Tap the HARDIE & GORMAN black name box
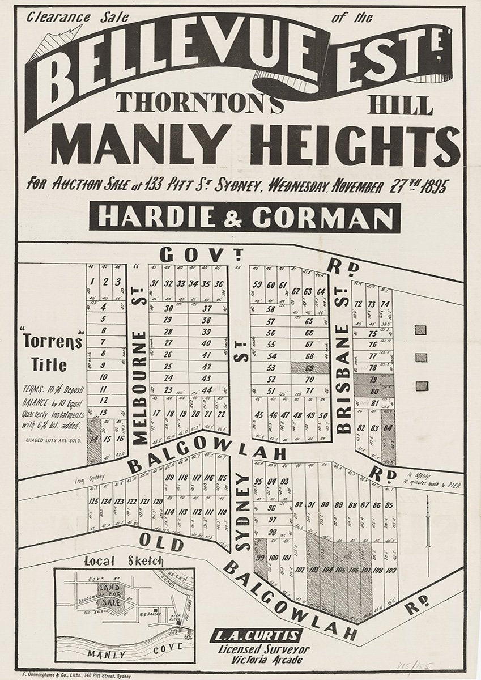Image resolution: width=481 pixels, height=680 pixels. [x=245, y=217]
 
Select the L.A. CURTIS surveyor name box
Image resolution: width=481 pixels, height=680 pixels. [x=256, y=635]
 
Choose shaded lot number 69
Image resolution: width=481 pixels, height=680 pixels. [x=309, y=368]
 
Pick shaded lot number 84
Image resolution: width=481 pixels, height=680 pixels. [x=388, y=428]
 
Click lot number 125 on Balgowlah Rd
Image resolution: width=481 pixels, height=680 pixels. [x=93, y=501]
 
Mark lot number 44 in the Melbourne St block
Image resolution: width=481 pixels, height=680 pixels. [x=206, y=390]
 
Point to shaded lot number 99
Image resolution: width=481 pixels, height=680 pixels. [x=260, y=558]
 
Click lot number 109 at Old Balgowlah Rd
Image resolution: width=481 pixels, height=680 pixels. [x=390, y=571]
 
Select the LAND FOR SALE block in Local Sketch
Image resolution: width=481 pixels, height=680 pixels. [x=110, y=595]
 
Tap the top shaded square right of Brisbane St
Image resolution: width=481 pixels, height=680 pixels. [x=420, y=329]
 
